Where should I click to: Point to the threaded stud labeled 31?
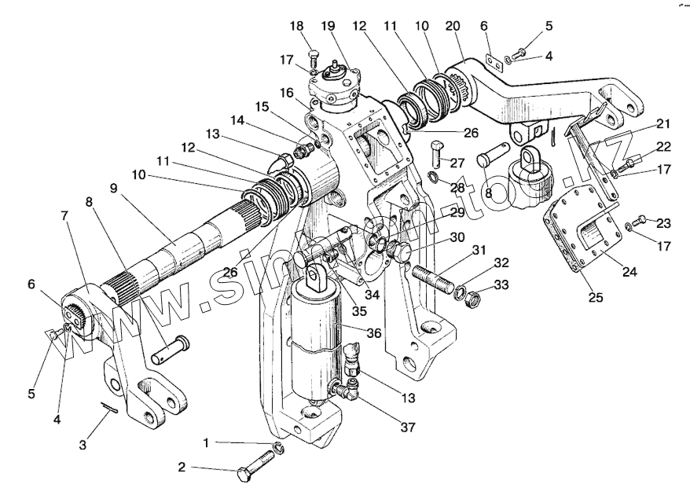coord(431,280)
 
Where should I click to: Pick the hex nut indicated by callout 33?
coord(466,299)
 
